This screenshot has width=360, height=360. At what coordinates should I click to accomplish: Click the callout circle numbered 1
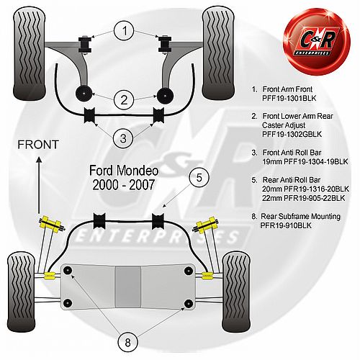pos(124,31)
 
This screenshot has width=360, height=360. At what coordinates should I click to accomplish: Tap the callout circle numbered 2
pos(124,100)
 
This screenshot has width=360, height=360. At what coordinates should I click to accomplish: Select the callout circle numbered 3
pos(123,138)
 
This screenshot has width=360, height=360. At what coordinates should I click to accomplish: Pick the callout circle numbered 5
pos(199,178)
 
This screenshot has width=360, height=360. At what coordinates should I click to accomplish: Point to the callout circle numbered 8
pos(127,343)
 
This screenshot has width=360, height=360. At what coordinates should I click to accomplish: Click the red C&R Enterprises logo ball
pos(317,42)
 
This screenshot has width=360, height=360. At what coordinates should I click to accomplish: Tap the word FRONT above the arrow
pos(38,145)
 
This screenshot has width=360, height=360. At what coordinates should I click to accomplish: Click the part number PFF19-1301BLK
pos(289,99)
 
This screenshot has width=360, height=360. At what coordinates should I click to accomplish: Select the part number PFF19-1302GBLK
pos(292,134)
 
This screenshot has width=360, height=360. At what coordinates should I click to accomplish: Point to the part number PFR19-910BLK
pos(286,225)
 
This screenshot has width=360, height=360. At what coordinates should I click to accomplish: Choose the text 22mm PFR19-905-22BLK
pos(304,198)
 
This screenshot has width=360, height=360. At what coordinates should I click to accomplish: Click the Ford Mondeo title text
pos(124,171)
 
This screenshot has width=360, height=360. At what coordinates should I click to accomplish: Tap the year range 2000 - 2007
pos(123,185)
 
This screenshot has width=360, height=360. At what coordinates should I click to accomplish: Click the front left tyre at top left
pos(30,53)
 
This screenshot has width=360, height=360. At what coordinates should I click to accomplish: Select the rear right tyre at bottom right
pos(236,292)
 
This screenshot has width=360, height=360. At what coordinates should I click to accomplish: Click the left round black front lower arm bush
pos(84,94)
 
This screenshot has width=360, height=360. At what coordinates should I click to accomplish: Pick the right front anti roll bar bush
pos(159,115)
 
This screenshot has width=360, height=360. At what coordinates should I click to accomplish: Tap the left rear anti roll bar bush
pos(99,221)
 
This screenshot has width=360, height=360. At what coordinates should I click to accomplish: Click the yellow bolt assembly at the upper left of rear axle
pos(52,225)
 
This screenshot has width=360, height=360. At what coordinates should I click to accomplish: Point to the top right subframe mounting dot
pos(189,271)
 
